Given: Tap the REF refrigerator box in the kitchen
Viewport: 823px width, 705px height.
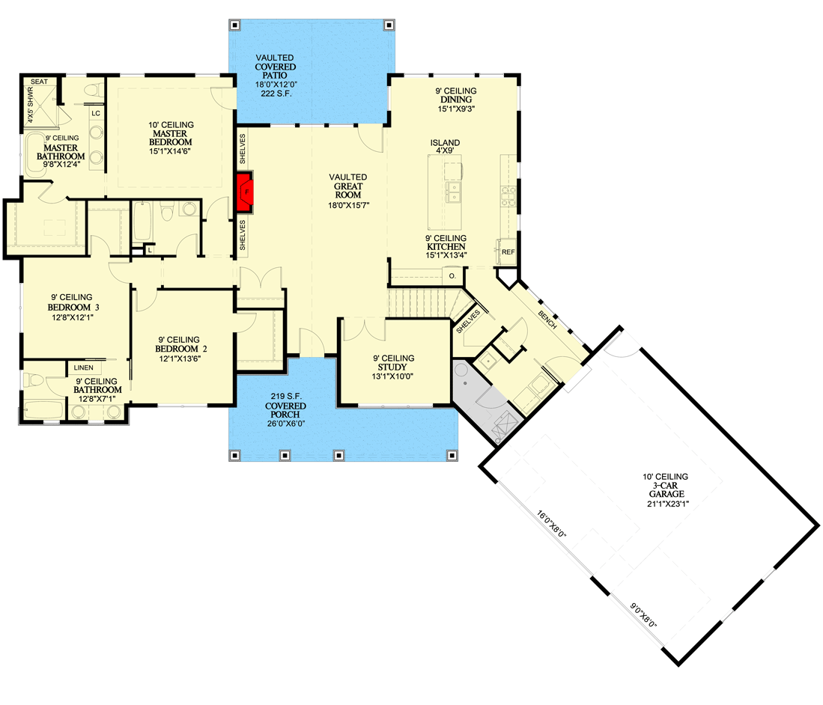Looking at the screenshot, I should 508,252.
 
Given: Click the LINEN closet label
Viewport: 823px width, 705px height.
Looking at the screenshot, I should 82,367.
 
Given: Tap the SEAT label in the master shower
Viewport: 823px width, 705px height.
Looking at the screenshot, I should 39,82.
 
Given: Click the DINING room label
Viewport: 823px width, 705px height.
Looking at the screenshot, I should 455,100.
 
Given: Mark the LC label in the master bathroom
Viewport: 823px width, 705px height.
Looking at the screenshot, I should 95,113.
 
